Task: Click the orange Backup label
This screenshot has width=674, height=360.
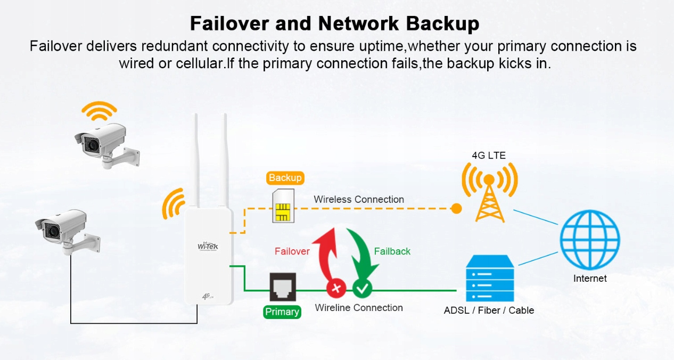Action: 285,178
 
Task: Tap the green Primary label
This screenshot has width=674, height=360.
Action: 282,312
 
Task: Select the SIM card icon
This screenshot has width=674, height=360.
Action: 282,207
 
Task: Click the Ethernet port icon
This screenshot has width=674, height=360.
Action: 282,287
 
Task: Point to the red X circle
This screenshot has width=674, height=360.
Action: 336,289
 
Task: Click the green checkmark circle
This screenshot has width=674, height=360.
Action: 363,289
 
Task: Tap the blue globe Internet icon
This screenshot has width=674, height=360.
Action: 590,240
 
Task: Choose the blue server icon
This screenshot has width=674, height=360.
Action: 490,279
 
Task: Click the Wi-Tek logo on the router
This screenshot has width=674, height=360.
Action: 208,247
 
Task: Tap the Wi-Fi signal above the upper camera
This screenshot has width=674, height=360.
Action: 98,111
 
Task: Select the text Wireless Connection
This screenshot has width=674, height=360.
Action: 358,200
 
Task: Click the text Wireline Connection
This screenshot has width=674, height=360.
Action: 358,308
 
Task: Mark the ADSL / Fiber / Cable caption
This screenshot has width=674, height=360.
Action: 489,310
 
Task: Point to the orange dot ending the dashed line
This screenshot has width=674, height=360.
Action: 456,208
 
